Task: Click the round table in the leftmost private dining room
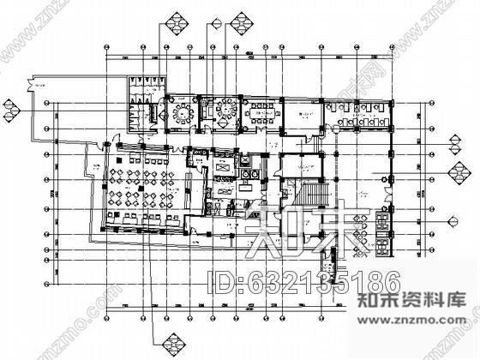pyautogui.click(x=182, y=112)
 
